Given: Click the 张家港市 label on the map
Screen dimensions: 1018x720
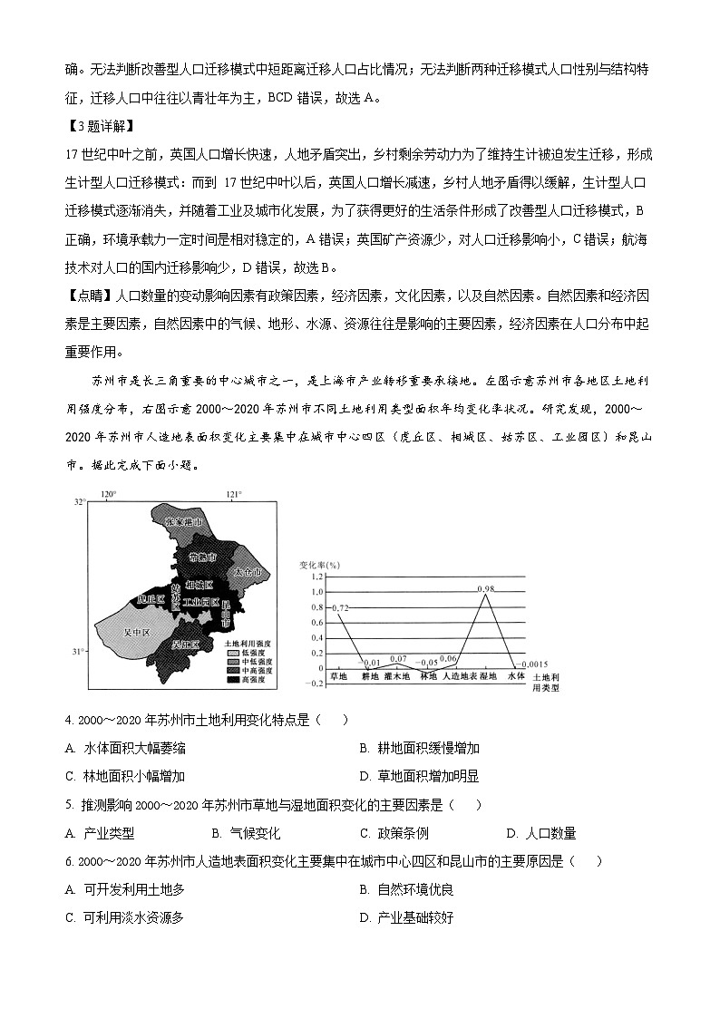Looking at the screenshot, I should (187, 523).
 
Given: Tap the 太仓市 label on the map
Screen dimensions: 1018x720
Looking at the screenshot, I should (247, 574).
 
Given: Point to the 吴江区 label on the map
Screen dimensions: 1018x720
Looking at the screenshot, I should (185, 645).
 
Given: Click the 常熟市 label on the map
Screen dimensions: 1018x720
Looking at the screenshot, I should (203, 557).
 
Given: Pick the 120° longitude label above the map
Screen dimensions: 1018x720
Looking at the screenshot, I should (109, 495).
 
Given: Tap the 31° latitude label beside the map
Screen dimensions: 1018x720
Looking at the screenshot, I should (79, 652).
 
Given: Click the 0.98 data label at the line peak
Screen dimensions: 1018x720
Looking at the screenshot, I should (486, 588).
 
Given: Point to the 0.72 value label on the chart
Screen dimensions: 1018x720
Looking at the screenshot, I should (341, 607).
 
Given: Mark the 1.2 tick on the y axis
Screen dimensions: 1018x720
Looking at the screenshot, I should (317, 577).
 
